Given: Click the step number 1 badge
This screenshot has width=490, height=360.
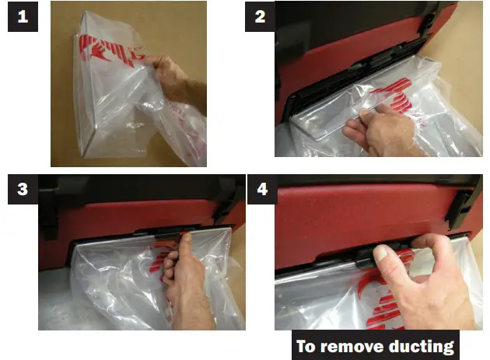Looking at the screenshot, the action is tap(23, 16).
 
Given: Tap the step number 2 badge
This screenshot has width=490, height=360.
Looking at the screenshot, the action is tap(260, 16).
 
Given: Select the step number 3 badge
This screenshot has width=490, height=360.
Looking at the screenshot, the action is tap(23, 190).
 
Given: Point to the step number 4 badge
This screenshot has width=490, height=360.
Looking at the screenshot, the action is tap(262, 190).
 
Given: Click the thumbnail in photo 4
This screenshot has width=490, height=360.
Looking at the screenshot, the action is tap(380, 253).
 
